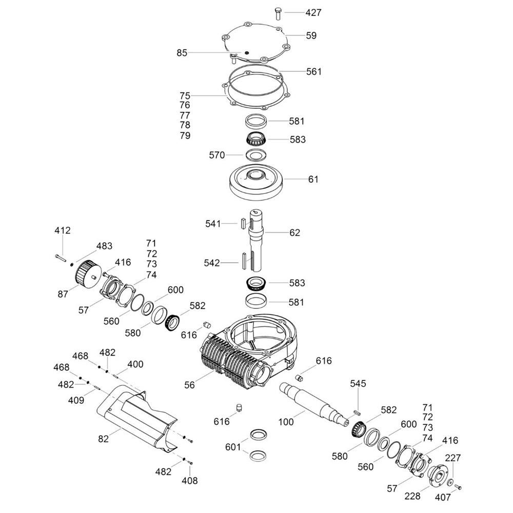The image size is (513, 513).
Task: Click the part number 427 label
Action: (313, 13)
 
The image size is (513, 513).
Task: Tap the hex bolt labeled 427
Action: (278, 13)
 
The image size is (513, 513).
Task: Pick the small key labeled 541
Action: (243, 224)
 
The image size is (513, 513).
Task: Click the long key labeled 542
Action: (245, 261)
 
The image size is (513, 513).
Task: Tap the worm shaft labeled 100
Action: (315, 405)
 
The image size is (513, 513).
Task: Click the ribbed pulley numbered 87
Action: (87, 274)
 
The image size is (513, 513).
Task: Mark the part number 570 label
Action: (217, 155)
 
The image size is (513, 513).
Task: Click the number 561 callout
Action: (314, 72)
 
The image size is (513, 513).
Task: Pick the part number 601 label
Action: (233, 447)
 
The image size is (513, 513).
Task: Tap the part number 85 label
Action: (182, 53)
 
